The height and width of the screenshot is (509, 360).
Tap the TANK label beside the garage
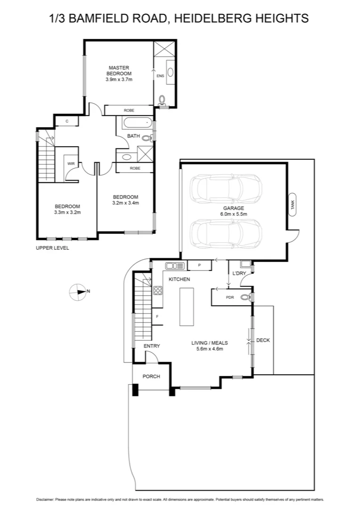click(x=293, y=205)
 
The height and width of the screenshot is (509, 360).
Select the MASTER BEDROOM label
click(x=119, y=71)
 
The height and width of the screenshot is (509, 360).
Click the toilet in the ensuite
click(x=163, y=100)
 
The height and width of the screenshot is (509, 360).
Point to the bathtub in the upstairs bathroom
click(x=135, y=124)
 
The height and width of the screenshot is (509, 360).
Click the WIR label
click(x=71, y=164)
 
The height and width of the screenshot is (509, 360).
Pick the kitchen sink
click(x=175, y=266)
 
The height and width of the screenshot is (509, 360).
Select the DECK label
click(x=263, y=340)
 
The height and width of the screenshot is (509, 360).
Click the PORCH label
click(x=151, y=377)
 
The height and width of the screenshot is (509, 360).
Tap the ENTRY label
click(x=152, y=346)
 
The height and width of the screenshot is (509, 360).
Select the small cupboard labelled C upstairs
click(x=67, y=121)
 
